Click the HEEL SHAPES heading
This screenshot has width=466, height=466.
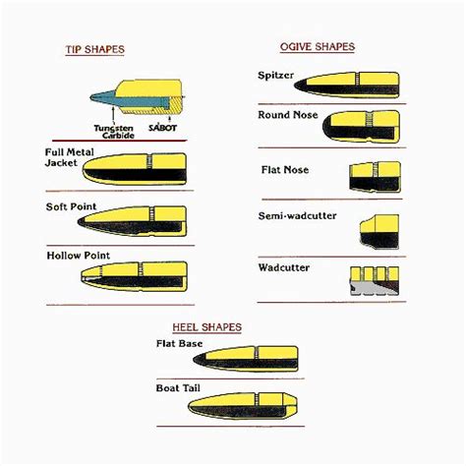(206, 326)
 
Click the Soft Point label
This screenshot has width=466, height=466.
(68, 206)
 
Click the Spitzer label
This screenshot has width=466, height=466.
(275, 75)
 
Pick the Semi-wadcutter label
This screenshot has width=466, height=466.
(292, 215)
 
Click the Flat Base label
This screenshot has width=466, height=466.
(178, 343)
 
